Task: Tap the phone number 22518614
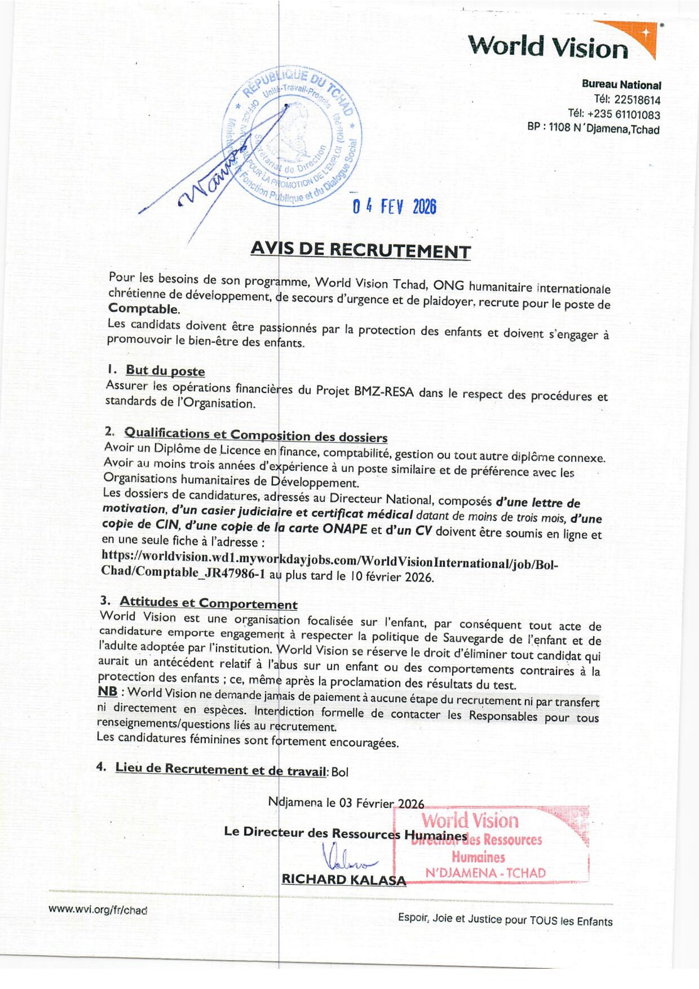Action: pos(637,100)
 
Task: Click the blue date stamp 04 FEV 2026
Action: pos(394,208)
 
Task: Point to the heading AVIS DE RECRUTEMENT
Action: pos(360,251)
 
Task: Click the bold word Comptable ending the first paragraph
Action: pos(142,309)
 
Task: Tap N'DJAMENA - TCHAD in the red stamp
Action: pos(485,873)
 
